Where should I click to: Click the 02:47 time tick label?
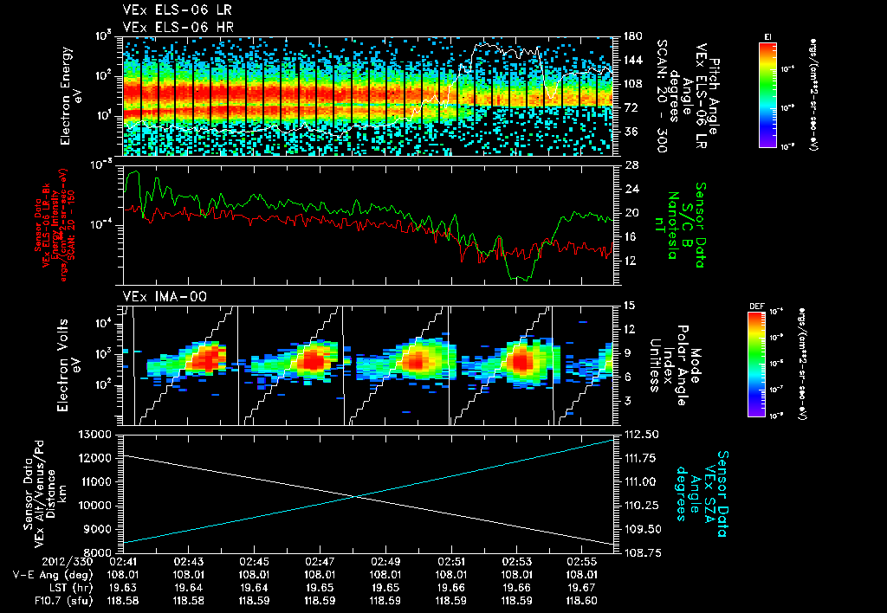tap(320, 561)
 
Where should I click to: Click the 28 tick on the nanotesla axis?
tap(631, 165)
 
